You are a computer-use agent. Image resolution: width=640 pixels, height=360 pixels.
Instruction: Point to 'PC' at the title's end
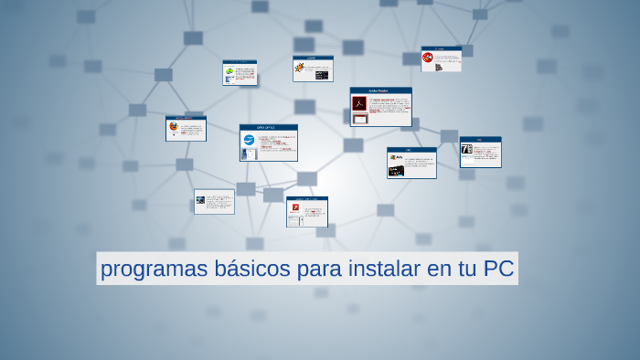499,270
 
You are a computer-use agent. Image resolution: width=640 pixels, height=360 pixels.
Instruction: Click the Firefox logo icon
173,127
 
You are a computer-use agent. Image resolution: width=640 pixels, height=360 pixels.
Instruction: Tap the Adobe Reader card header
380,90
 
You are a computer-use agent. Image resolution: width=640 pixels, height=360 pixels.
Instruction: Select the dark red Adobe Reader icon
359,103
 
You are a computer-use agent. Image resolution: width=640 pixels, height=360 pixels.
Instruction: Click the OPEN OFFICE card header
268,128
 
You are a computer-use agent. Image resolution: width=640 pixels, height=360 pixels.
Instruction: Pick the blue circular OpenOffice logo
248,140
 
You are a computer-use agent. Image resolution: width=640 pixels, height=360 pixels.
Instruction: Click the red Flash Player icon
295,207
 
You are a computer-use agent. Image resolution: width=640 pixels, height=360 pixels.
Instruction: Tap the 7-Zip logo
466,149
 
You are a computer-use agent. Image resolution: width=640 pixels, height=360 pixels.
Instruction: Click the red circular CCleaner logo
427,58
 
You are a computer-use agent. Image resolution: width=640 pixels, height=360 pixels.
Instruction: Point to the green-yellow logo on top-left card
229,70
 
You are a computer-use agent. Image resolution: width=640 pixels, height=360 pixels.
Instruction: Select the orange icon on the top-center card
299,66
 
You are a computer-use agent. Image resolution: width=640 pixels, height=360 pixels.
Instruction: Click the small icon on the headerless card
200,199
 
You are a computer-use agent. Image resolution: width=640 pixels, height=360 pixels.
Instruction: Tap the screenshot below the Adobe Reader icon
359,117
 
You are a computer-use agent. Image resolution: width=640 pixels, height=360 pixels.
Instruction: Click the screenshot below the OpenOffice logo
245,154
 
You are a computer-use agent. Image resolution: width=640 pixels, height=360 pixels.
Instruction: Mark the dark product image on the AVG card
395,170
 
